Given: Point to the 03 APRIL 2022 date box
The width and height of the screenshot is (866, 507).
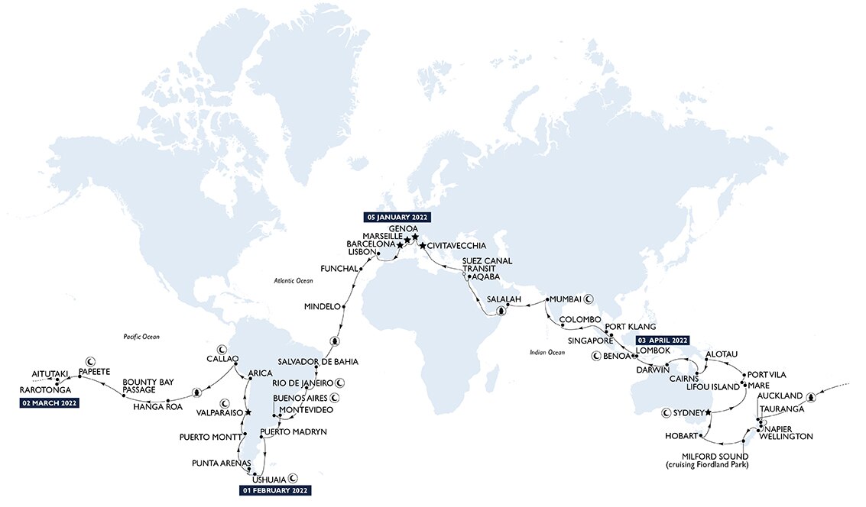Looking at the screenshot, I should (657, 340).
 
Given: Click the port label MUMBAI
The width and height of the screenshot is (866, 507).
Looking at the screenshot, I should (564, 299).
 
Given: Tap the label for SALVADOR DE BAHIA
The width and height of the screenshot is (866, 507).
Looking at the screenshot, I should (319, 361).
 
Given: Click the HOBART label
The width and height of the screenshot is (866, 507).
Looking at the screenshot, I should (681, 436).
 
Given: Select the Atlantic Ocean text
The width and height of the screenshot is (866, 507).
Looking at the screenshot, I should (294, 281).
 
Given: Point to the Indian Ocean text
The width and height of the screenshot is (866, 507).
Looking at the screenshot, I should (547, 352).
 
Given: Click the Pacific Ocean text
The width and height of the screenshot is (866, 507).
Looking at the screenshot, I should (144, 336).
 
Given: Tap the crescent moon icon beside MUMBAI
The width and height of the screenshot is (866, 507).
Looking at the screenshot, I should (589, 299).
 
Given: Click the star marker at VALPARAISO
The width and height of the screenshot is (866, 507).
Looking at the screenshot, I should (248, 412).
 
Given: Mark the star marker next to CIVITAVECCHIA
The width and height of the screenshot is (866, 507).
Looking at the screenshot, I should (423, 246).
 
